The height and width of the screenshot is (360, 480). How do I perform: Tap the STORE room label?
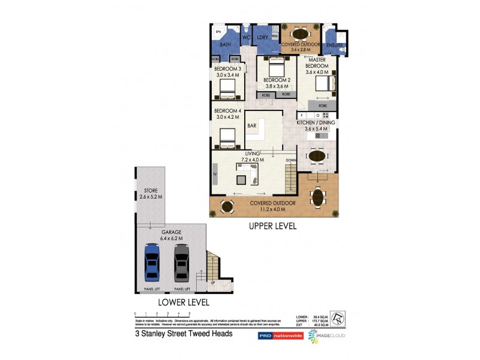click(x=150, y=190)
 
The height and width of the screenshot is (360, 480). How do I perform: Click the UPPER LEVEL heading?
click(x=273, y=226)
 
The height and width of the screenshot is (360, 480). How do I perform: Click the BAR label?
click(x=253, y=126)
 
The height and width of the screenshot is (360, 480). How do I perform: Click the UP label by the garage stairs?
click(x=212, y=283)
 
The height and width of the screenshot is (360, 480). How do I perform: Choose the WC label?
click(x=245, y=37)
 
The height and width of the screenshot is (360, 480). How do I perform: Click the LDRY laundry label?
click(x=262, y=37)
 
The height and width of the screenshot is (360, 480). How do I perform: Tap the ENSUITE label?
click(x=335, y=45)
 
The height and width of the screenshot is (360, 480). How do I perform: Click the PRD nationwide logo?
click(x=280, y=336)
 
